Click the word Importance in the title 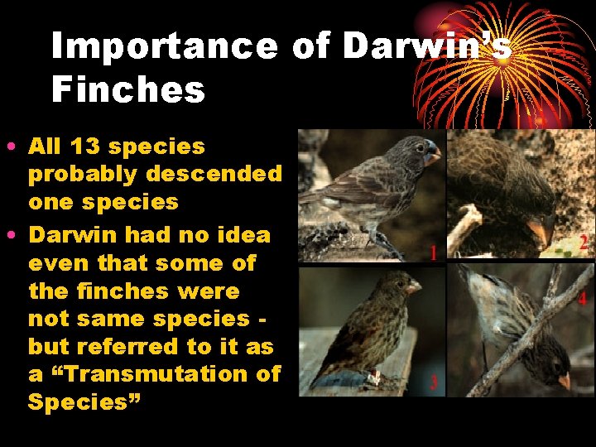[x=164, y=47]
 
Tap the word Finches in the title [x=127, y=89]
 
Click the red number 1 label [x=433, y=252]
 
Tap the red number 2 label [x=584, y=243]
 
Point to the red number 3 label [x=433, y=382]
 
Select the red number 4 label [x=582, y=299]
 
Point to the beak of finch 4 [x=564, y=380]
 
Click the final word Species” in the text [x=84, y=402]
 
